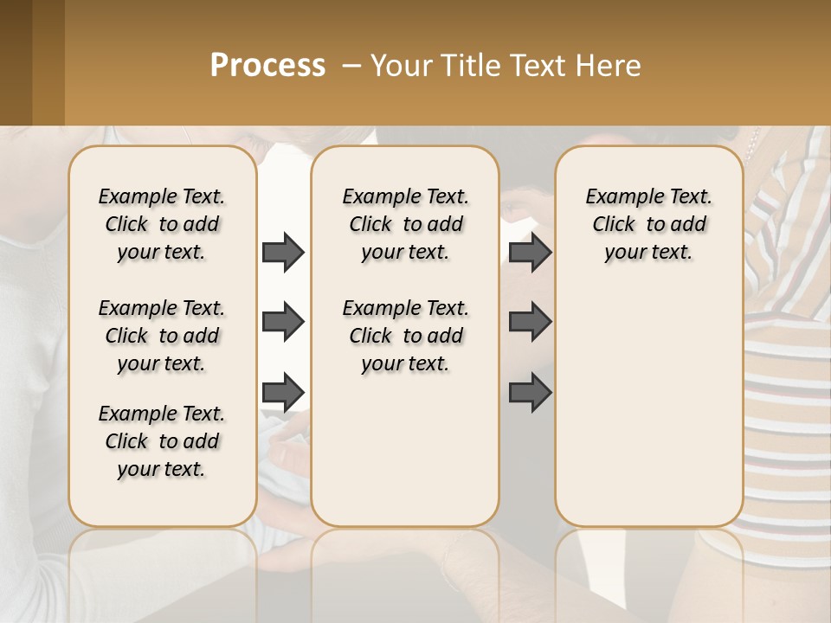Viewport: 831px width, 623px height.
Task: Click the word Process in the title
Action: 267,66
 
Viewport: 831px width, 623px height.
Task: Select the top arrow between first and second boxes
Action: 283,253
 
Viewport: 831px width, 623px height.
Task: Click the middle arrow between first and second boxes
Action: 283,323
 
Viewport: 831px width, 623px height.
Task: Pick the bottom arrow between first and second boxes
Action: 283,392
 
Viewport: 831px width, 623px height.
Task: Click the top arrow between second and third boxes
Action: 530,253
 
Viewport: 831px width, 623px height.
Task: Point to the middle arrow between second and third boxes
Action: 530,323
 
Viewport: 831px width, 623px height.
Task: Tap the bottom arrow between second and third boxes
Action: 530,392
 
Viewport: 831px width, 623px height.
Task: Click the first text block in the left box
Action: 162,224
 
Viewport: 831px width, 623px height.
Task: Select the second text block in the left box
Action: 162,336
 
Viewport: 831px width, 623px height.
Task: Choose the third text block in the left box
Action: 162,441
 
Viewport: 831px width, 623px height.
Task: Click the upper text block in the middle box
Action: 405,224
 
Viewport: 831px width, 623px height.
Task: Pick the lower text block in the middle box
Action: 405,336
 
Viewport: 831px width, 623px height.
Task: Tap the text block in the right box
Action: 648,224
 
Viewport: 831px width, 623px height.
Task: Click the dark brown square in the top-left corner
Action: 16,62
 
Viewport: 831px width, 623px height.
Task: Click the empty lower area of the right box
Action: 648,407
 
